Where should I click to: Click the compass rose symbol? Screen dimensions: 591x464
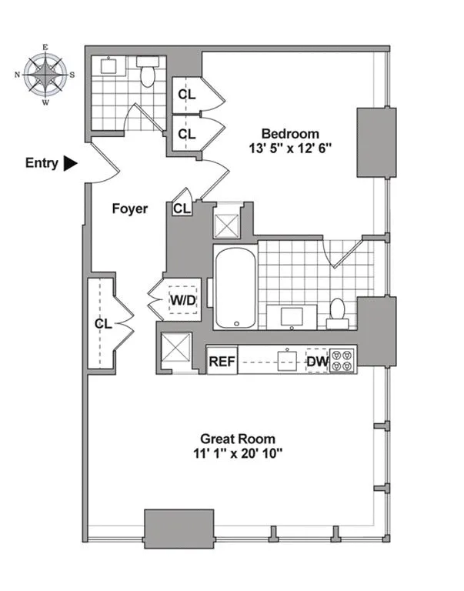(45, 75)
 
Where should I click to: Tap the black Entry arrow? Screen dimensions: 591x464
(71, 163)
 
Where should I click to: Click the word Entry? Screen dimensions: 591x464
(42, 163)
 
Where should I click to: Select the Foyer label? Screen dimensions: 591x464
(129, 209)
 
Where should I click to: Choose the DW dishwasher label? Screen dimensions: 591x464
(317, 361)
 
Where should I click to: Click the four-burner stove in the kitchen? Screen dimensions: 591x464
(341, 361)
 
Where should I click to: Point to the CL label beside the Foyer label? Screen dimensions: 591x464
(182, 209)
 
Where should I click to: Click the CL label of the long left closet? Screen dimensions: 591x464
(103, 323)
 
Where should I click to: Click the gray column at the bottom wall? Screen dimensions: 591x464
(179, 528)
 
